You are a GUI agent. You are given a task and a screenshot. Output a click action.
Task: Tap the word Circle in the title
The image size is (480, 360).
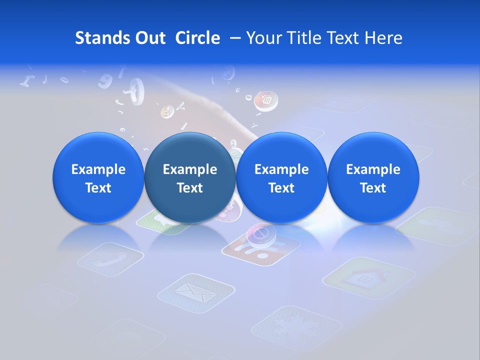tap(197, 38)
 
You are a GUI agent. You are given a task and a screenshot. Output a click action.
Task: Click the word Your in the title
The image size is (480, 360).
tap(262, 38)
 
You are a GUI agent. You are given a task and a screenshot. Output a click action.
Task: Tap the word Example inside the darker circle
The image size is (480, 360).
tap(189, 169)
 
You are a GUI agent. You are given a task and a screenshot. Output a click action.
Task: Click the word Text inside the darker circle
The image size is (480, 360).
tap(189, 188)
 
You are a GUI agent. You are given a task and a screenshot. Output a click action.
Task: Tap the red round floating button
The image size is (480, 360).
tap(265, 100)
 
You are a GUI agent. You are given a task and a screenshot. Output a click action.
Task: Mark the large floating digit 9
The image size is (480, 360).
tap(105, 80)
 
